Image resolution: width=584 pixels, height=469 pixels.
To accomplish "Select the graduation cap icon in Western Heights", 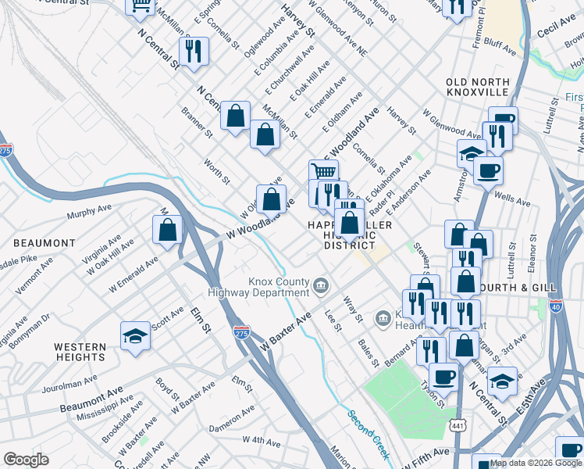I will (135, 337).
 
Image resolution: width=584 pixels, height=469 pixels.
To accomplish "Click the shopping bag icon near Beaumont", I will (167, 231).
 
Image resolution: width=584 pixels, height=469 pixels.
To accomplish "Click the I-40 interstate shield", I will (555, 306).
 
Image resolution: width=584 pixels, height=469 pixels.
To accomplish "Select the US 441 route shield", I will (457, 424).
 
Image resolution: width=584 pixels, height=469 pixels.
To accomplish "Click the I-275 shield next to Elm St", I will (241, 331).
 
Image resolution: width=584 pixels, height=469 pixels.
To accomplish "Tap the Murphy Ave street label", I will (91, 212).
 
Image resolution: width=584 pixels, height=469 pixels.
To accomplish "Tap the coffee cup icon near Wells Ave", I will (488, 170).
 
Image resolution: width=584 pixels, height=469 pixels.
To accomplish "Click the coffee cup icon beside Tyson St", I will (443, 376).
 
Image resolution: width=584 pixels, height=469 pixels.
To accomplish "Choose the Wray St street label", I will (354, 307).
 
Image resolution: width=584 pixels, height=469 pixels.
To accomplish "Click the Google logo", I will (26, 460).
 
